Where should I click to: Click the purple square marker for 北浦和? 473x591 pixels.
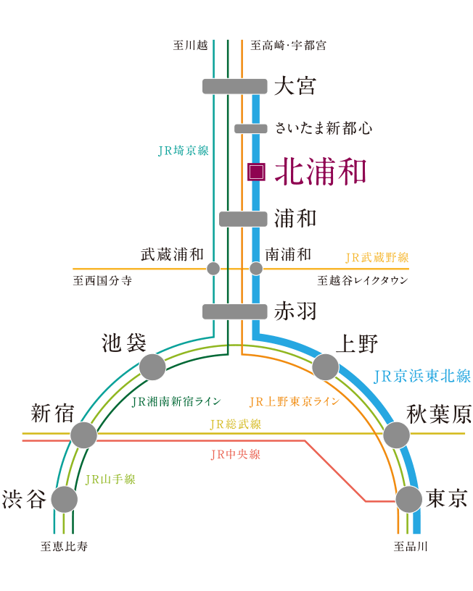pyautogui.click(x=255, y=172)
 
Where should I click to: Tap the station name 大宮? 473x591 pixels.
pyautogui.click(x=295, y=85)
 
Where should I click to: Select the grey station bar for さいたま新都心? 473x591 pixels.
pyautogui.click(x=251, y=128)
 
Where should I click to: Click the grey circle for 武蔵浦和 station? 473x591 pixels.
pyautogui.click(x=213, y=269)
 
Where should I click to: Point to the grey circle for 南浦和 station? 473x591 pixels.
pyautogui.click(x=255, y=269)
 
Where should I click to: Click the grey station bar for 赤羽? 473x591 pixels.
pyautogui.click(x=234, y=311)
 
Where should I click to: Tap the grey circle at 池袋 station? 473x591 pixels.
pyautogui.click(x=152, y=367)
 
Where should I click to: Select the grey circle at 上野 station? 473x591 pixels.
pyautogui.click(x=325, y=367)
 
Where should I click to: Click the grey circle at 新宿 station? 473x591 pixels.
pyautogui.click(x=83, y=435)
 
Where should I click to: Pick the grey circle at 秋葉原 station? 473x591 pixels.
pyautogui.click(x=396, y=435)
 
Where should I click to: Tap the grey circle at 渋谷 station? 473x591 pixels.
pyautogui.click(x=64, y=500)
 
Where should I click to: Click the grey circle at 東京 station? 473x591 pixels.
pyautogui.click(x=409, y=500)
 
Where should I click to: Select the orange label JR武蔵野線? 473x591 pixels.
pyautogui.click(x=377, y=257)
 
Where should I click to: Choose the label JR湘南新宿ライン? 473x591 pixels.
pyautogui.click(x=176, y=401)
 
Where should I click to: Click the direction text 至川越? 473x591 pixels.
pyautogui.click(x=190, y=45)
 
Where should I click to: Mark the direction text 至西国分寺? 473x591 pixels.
pyautogui.click(x=102, y=280)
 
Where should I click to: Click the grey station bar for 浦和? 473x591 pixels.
pyautogui.click(x=242, y=219)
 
